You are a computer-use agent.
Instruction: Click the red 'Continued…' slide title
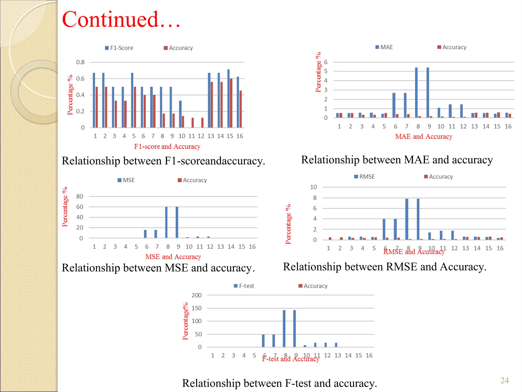pos(121,19)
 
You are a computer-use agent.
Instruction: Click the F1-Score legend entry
pos(119,48)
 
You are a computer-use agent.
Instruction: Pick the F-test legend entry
pos(244,286)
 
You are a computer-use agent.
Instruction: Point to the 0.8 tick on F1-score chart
pos(80,62)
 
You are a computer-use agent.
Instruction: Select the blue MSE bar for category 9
pos(177,222)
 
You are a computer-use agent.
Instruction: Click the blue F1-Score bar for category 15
pos(228,98)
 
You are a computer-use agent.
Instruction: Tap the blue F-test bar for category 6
pos(263,340)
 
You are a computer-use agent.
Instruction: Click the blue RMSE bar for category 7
pos(395,229)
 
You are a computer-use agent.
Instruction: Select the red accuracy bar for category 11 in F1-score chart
pos(193,122)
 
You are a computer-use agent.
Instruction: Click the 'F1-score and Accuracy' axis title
pos(167,146)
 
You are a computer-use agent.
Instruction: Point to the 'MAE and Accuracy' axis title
pos(424,137)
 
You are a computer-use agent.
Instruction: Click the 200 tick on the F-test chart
pos(197,295)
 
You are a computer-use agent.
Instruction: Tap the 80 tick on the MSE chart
pos(80,196)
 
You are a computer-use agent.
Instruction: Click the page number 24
pos(504,380)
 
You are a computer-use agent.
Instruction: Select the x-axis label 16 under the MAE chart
pos(508,126)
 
